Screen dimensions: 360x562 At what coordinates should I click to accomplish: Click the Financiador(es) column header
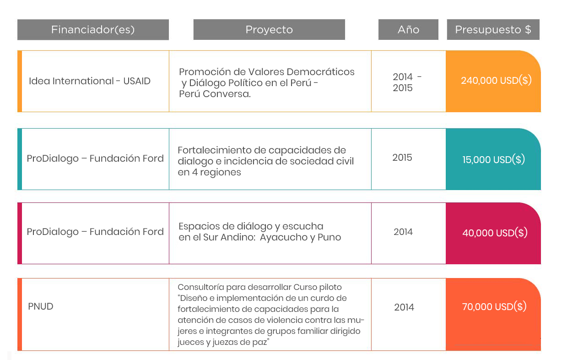click(x=93, y=30)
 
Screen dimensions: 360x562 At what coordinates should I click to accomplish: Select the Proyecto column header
click(x=269, y=30)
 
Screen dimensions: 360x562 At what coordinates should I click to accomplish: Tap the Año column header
click(x=408, y=30)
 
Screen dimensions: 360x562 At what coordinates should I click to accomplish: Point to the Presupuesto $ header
click(x=493, y=30)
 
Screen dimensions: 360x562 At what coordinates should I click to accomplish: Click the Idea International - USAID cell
click(x=90, y=81)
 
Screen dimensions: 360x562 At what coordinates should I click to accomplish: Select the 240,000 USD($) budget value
click(x=496, y=81)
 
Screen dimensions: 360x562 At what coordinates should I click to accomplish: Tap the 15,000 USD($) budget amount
click(x=493, y=160)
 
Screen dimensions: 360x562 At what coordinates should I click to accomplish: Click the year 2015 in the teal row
click(x=402, y=158)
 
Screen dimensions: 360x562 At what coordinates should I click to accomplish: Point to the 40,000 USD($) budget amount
click(x=495, y=233)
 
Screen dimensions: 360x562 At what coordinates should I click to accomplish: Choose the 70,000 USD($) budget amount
click(x=494, y=306)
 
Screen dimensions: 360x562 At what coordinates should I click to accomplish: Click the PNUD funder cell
click(x=41, y=306)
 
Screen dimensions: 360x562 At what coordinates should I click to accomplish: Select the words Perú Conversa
click(x=215, y=94)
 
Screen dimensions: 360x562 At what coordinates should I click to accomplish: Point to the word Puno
click(x=329, y=237)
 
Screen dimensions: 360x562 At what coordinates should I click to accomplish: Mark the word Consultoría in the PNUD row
click(x=201, y=287)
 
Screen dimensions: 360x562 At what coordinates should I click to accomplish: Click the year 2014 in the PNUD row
click(x=404, y=307)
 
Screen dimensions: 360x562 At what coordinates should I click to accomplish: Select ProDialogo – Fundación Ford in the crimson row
click(x=95, y=232)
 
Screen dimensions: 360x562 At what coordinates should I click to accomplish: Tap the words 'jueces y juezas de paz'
click(x=222, y=342)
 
